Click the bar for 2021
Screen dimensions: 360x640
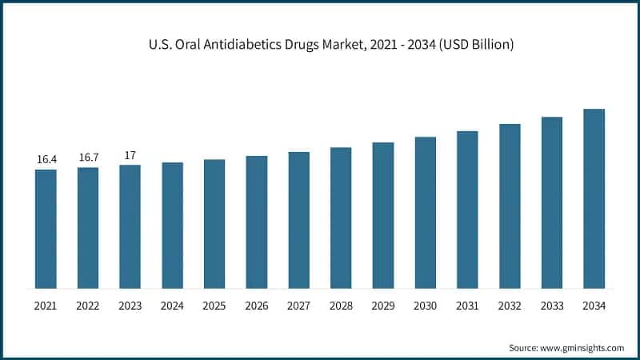click(x=46, y=229)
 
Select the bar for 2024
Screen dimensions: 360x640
click(x=172, y=226)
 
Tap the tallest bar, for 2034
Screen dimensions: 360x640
click(x=594, y=198)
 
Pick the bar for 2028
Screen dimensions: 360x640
click(x=341, y=218)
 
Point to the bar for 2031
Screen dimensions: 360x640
click(x=467, y=210)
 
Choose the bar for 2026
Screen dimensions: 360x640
click(x=256, y=222)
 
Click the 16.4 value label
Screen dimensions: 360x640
click(x=46, y=160)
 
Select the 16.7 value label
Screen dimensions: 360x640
click(x=88, y=158)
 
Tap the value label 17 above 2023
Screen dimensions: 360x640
click(x=130, y=155)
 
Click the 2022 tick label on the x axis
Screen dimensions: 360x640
click(x=88, y=306)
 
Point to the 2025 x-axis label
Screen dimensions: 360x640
click(x=214, y=306)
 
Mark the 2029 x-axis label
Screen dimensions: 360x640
click(x=383, y=306)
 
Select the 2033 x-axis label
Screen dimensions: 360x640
click(x=552, y=306)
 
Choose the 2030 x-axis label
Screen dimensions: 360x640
click(x=425, y=306)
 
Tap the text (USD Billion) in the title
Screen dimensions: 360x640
click(x=474, y=45)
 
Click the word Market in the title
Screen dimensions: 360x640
click(x=350, y=45)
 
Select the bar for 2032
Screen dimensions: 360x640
click(x=510, y=206)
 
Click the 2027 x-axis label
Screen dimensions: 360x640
click(x=298, y=306)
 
